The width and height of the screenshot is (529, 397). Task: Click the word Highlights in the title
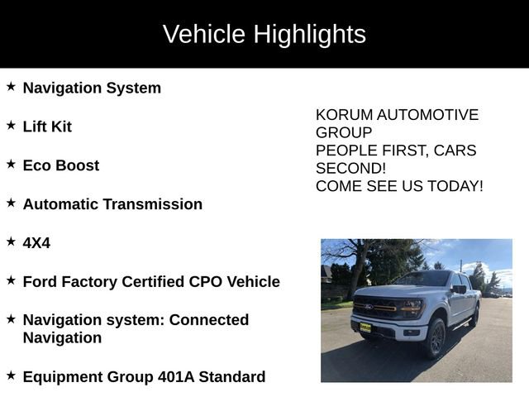[x=309, y=35]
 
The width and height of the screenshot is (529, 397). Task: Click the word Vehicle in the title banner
[x=204, y=35]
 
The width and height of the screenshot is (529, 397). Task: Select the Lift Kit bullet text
[x=47, y=127]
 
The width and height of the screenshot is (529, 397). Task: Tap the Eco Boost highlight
[x=60, y=165]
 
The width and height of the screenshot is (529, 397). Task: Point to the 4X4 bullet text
[x=36, y=243]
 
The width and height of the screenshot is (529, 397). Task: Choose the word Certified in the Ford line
[x=156, y=282]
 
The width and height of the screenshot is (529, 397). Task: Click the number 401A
[x=178, y=377]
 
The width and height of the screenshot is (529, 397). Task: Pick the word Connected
[x=209, y=320]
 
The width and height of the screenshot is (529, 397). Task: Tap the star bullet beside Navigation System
[x=11, y=86]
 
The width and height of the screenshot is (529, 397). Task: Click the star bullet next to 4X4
[x=11, y=242]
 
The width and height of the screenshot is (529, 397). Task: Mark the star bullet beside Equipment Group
[x=11, y=375]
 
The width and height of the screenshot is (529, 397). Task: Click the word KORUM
[x=343, y=115]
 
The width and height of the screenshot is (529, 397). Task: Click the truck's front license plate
[x=365, y=327]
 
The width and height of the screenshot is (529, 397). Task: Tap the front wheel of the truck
[x=435, y=337]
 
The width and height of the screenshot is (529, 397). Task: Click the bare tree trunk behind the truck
[x=357, y=273]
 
